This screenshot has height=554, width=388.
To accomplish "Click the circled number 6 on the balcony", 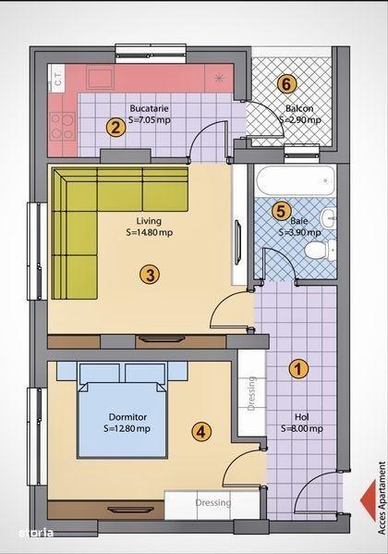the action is coord(286,84).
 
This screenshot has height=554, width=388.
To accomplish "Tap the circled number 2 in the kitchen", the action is coord(115,128).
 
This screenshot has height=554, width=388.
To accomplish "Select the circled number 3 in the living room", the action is coord(150,275).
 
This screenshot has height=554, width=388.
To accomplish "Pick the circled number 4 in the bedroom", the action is coord(201,431).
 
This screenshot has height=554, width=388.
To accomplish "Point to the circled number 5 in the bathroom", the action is coord(281,211).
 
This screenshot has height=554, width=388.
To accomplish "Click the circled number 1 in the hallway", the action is coord(298,369).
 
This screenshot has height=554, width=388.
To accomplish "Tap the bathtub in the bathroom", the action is coord(295,180).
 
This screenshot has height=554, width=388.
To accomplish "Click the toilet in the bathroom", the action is coord(320,250).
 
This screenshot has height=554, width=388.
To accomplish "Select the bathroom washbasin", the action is coord(328,218).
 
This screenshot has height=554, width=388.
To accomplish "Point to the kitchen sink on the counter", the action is coord(100,79).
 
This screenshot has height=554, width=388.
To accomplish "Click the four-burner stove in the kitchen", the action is coord(62,126).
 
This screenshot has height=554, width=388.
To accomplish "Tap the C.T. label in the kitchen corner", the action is coord(58,78).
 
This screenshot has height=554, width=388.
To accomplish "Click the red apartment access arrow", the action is coord(368,500).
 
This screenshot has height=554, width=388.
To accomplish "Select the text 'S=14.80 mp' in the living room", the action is coord(150,232).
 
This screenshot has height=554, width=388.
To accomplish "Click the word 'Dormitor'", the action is coord(127,417).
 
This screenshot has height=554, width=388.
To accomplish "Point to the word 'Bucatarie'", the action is coord(149,108).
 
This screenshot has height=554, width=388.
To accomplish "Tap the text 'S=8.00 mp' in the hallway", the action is coord(302,428).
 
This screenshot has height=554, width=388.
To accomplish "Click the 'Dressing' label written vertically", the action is coord(251,393).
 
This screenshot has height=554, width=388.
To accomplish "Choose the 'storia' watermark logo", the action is coord(36,533).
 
